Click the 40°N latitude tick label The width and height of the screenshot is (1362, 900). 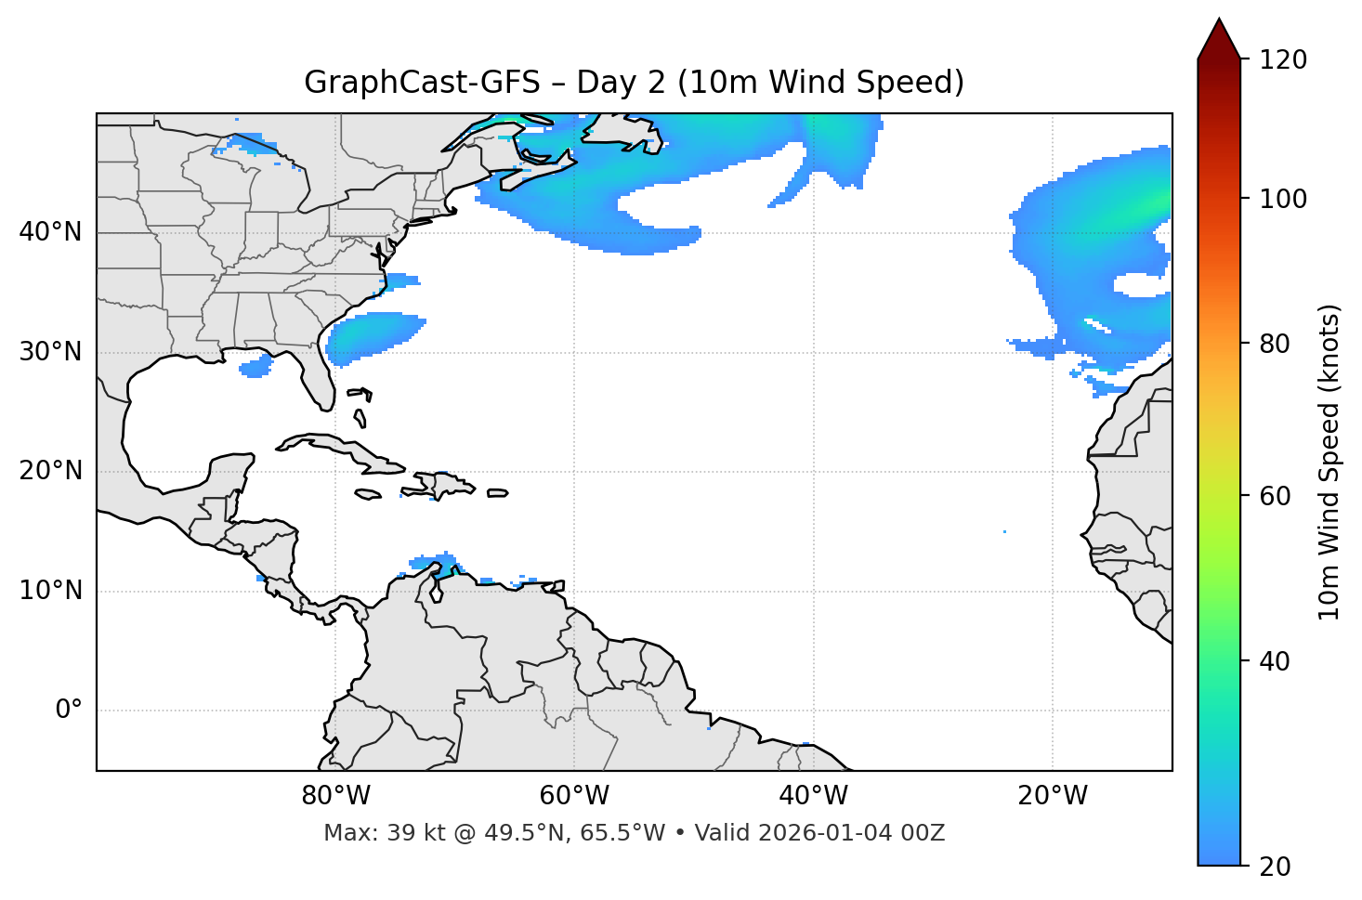pos(50,232)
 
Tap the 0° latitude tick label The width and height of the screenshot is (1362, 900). pos(69,711)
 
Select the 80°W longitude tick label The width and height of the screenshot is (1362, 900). pos(335,796)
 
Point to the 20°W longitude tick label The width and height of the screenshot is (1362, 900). pos(1053,796)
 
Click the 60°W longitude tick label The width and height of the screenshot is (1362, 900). pos(574,796)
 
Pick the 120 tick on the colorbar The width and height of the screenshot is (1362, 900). pos(1283,59)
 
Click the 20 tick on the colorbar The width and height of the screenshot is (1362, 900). pos(1275,867)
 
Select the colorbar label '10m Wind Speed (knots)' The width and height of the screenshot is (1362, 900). pos(1329,462)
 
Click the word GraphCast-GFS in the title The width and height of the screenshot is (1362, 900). pos(422,83)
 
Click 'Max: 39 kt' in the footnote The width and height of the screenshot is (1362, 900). pos(369,833)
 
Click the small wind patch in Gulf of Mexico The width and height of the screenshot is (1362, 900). pos(255,367)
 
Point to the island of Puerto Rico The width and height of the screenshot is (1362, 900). pos(497,493)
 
